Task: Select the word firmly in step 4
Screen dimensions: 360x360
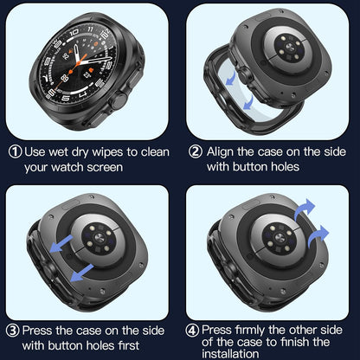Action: click(260, 329)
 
